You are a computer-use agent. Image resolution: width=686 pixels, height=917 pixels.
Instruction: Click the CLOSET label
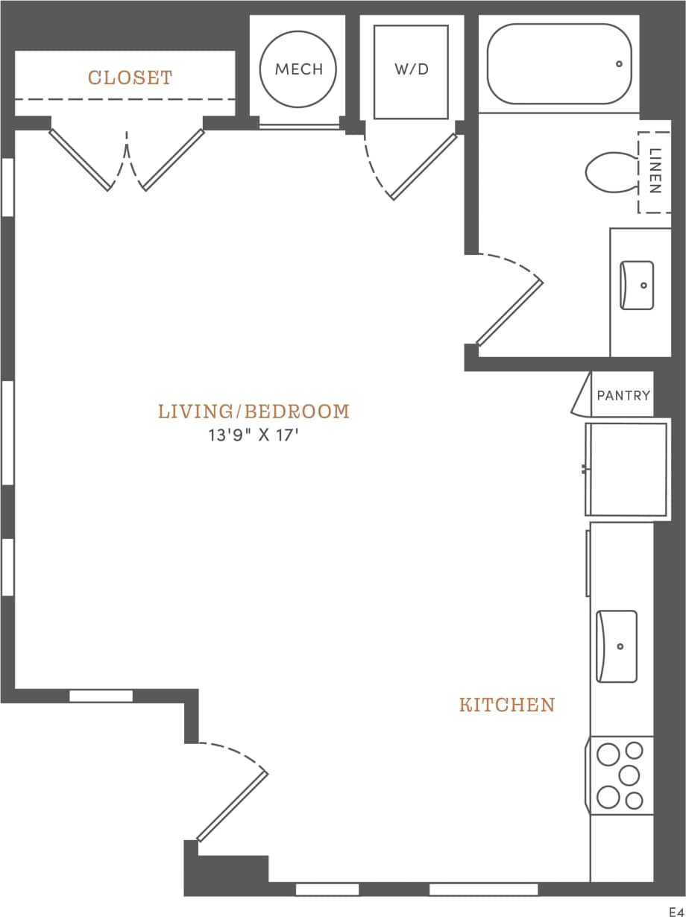130,78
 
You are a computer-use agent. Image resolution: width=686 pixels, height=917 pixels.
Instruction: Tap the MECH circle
298,69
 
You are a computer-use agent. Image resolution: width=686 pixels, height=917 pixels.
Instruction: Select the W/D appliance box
411,72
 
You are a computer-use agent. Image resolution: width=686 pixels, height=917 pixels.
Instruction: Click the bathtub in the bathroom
558,64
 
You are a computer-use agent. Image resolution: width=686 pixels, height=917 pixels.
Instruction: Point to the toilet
611,172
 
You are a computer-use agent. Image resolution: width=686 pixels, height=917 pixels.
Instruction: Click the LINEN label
655,172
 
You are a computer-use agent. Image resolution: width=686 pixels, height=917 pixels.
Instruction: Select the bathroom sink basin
637,285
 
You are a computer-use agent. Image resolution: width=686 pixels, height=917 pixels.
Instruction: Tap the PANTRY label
623,396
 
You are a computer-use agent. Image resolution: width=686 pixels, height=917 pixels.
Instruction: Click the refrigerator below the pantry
626,469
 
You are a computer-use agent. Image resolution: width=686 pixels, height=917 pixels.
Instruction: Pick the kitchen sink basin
617,646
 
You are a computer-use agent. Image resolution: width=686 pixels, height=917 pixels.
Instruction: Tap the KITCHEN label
507,705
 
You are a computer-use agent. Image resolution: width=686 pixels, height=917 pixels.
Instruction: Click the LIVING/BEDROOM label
254,412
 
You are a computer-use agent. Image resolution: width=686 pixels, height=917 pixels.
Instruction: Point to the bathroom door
510,313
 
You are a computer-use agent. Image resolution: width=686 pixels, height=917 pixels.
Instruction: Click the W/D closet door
423,167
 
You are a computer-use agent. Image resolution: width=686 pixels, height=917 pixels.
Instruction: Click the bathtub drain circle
619,64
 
